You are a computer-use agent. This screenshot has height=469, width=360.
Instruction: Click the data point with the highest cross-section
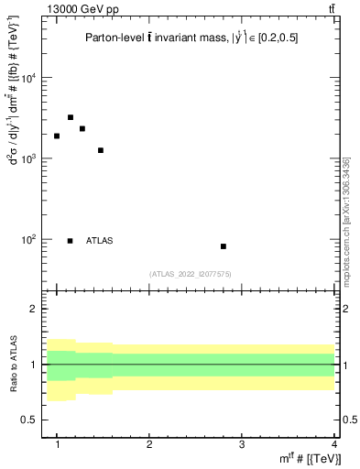pos(71,117)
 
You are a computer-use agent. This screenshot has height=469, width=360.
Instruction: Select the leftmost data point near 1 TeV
pos(57,136)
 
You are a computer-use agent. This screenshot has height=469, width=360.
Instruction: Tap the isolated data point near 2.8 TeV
pos(224,246)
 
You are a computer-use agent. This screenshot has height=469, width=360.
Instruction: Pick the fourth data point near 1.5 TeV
pos(101,150)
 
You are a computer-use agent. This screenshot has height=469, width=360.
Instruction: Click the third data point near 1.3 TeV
pos(82,128)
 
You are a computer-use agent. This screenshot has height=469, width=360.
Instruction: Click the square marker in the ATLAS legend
pos(71,241)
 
